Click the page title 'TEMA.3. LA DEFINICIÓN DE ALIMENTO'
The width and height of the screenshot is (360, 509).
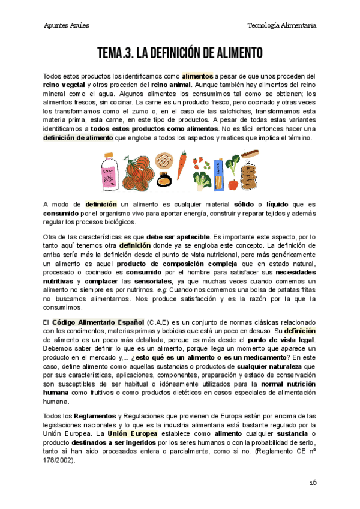pos(180,53)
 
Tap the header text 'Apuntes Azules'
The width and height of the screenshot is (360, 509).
pos(67,26)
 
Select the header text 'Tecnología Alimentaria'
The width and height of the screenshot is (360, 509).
pos(282,26)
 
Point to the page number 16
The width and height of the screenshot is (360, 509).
pos(313,482)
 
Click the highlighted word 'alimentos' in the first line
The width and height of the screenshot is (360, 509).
pos(198,77)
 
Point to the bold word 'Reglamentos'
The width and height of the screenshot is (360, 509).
pos(95,415)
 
